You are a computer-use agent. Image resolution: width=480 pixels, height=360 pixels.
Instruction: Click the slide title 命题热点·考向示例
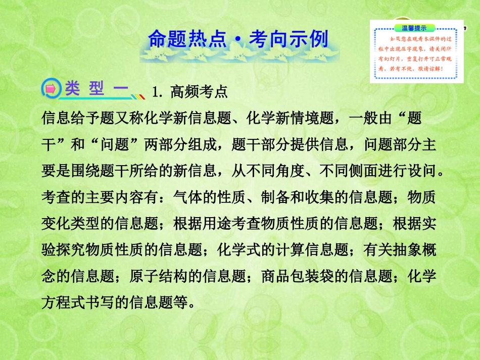tap(238, 40)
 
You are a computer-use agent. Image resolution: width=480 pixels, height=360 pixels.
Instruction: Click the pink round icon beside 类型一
tap(51, 89)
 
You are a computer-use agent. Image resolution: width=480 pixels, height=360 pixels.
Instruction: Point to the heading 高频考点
tap(206, 91)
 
